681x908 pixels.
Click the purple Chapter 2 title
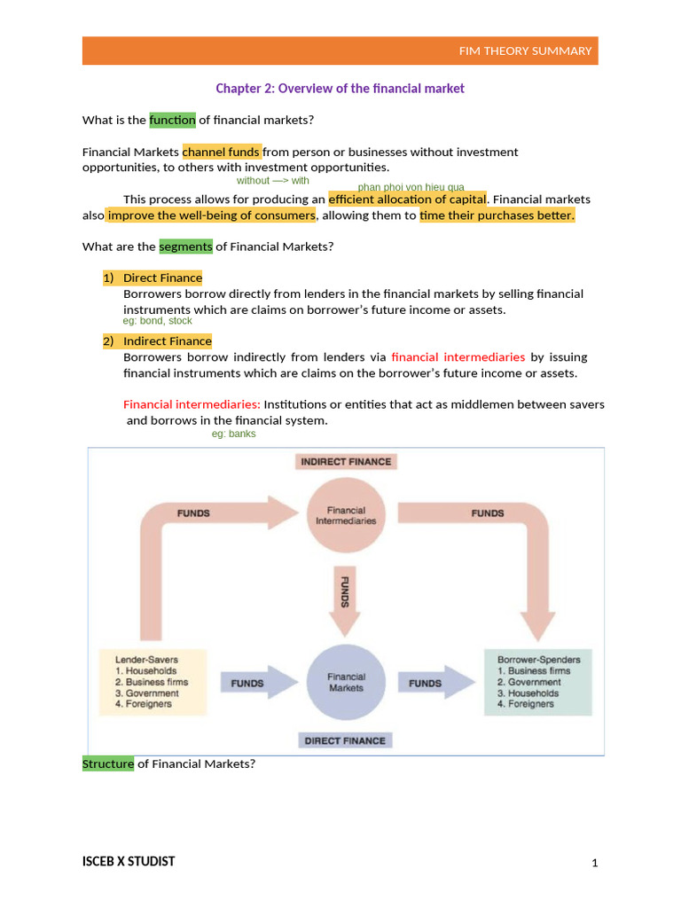(x=340, y=89)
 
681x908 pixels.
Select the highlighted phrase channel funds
(x=222, y=152)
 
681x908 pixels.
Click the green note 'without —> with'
(x=273, y=180)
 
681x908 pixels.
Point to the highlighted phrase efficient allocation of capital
(x=407, y=199)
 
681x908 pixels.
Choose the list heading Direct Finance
(x=162, y=278)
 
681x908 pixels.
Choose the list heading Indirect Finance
(x=167, y=340)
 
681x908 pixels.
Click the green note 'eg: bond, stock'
(x=158, y=321)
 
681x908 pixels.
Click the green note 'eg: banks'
(x=234, y=434)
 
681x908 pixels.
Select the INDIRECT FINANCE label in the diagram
(x=346, y=462)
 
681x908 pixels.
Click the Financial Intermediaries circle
(x=346, y=516)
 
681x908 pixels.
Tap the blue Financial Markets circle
(x=346, y=682)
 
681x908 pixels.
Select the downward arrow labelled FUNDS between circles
(x=346, y=599)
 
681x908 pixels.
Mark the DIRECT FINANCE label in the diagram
(x=346, y=740)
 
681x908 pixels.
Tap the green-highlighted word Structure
(x=108, y=763)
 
